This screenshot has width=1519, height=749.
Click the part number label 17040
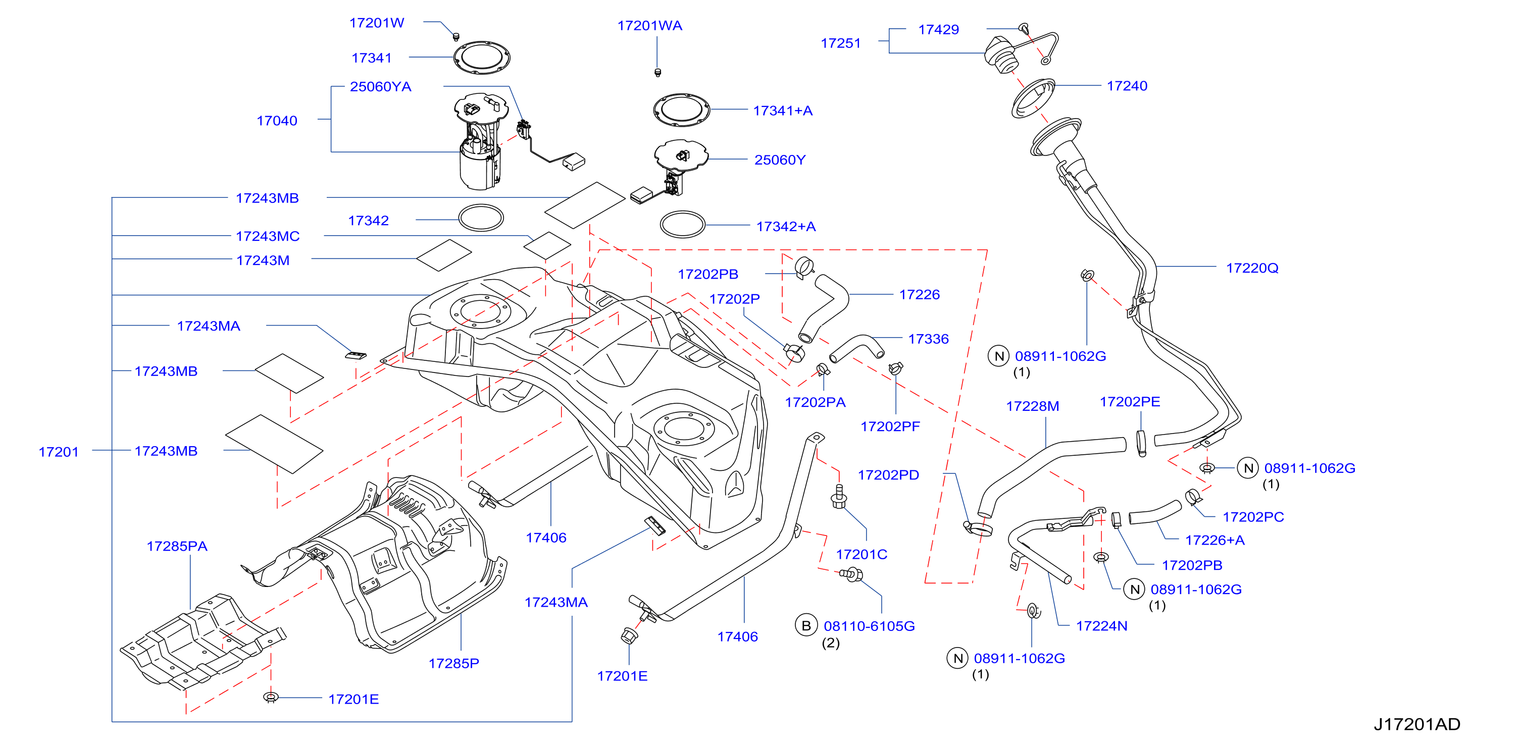coord(277,121)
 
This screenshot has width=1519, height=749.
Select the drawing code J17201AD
coord(1416,724)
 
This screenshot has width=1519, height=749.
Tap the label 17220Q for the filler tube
coord(1252,268)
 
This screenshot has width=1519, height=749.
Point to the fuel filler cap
coord(1001,54)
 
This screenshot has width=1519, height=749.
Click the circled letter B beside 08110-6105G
coord(805,625)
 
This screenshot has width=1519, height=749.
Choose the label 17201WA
coord(649,26)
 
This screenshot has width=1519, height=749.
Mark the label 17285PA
coord(177,546)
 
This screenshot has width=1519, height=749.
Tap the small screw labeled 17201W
coord(456,36)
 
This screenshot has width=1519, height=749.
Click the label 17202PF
coord(890,426)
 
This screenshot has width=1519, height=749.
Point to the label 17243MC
coord(268,236)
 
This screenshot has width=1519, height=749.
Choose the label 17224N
coord(1101,626)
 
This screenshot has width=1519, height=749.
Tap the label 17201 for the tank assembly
coord(59,452)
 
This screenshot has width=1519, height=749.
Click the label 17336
coord(928,339)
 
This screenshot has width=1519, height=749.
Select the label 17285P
coord(453,664)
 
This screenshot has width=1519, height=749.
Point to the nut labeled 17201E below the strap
coord(629,636)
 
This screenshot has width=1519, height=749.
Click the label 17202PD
coord(888,475)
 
